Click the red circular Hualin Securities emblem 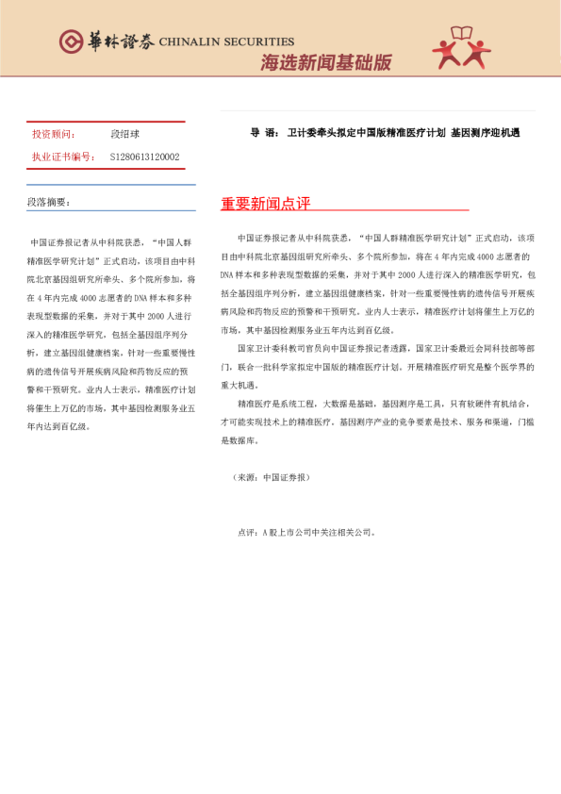tap(72, 41)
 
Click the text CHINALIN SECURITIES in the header tap(226, 42)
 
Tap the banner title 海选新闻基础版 tap(325, 63)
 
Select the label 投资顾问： tap(54, 135)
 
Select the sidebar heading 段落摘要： tap(48, 202)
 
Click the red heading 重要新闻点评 tap(265, 205)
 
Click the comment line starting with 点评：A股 tap(306, 532)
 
